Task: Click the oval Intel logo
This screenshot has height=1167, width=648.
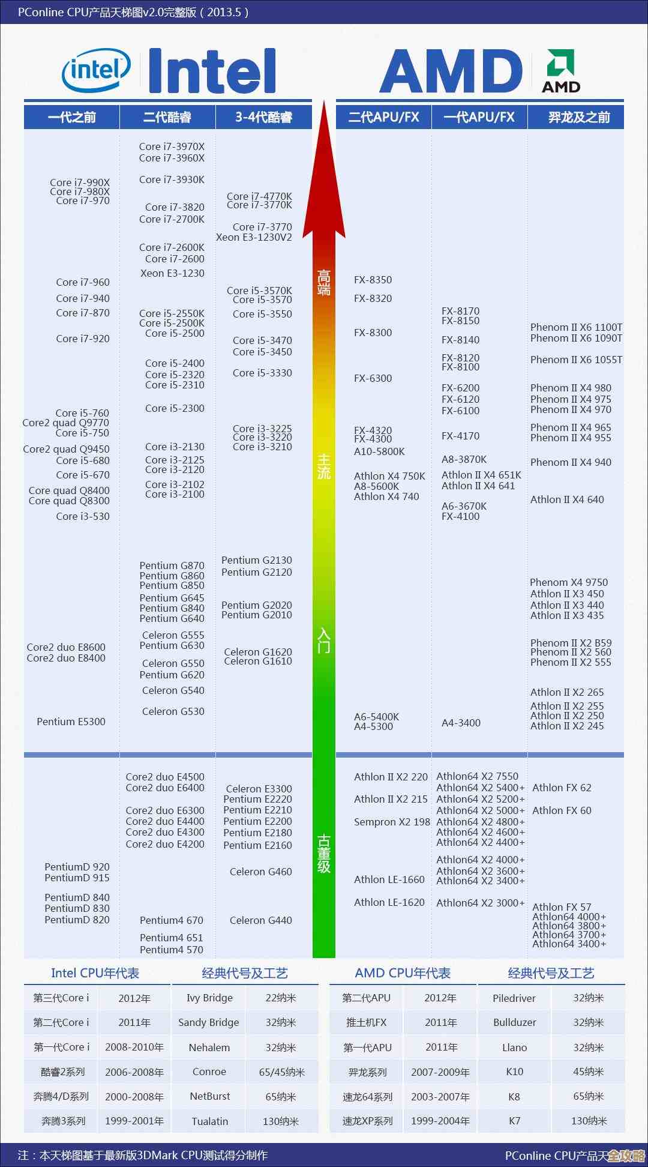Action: tap(96, 71)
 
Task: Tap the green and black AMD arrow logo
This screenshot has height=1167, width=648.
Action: tap(561, 71)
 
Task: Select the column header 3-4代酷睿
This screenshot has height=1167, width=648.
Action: tap(263, 117)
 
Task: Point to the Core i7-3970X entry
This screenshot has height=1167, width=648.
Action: tap(172, 146)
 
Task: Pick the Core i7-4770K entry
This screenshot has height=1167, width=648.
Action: tap(259, 196)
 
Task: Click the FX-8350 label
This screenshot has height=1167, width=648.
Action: tap(373, 280)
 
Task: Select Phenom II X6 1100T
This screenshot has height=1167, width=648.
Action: tap(576, 327)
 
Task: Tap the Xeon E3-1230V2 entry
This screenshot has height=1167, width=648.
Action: tap(254, 237)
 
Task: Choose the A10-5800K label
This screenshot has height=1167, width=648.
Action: tap(379, 451)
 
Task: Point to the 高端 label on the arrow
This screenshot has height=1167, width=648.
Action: tap(324, 283)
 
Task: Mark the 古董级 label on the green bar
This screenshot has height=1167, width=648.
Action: tap(324, 853)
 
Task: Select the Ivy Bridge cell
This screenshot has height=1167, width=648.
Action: tap(209, 998)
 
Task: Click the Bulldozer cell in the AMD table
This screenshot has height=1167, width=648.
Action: tap(514, 1022)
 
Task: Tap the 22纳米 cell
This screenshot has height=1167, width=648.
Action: tap(281, 998)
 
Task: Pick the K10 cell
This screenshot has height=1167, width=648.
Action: tap(514, 1072)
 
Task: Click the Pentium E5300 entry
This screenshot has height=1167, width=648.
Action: tap(71, 722)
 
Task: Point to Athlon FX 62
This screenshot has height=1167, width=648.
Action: tap(562, 788)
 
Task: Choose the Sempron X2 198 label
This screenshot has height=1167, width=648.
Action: tap(392, 822)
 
